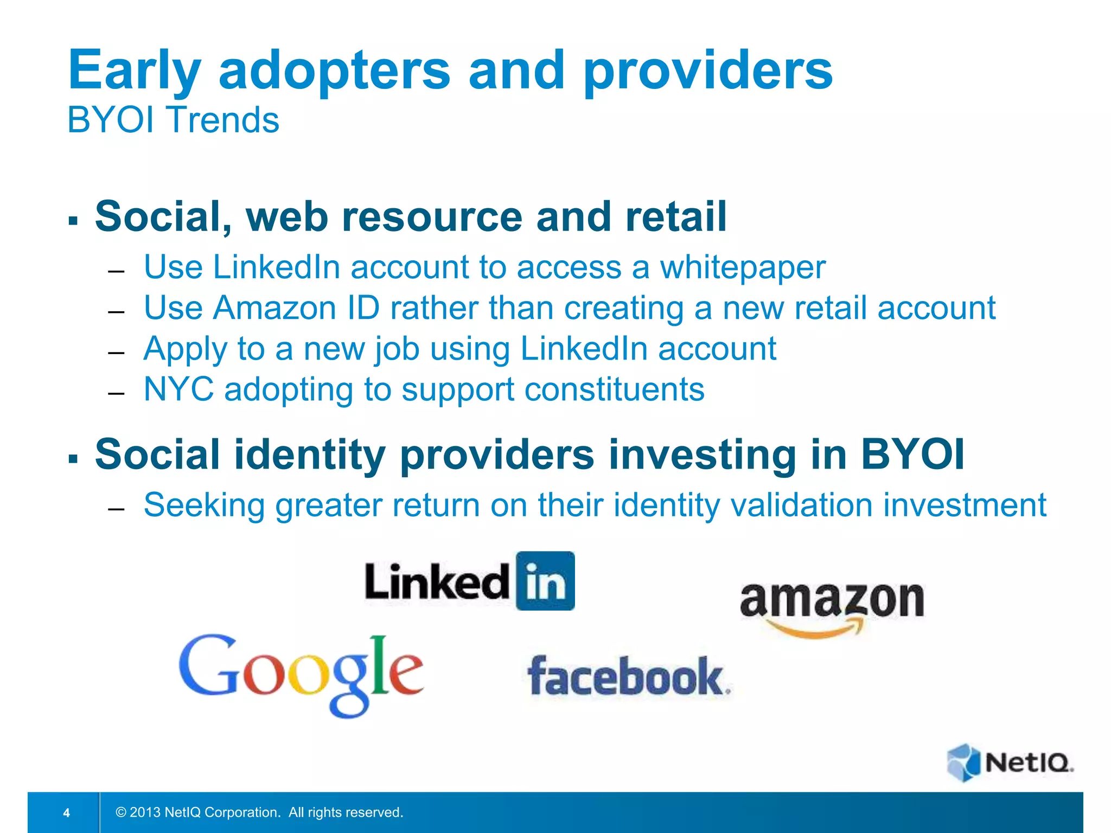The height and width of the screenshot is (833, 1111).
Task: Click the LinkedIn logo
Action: [x=470, y=581]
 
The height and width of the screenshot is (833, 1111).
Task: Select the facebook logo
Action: [x=629, y=677]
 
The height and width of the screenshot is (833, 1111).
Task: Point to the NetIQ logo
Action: [x=1010, y=762]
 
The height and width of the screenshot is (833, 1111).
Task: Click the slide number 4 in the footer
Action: [x=67, y=812]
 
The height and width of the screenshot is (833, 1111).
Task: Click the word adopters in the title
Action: [x=334, y=71]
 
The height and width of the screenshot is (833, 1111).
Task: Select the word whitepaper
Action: [x=743, y=267]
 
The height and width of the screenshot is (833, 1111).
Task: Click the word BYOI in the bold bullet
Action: [x=913, y=454]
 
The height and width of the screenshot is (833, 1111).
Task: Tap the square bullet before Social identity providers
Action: [x=73, y=458]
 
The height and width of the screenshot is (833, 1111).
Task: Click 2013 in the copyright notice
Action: [x=145, y=812]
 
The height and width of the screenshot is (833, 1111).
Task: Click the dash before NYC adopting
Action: [x=117, y=393]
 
